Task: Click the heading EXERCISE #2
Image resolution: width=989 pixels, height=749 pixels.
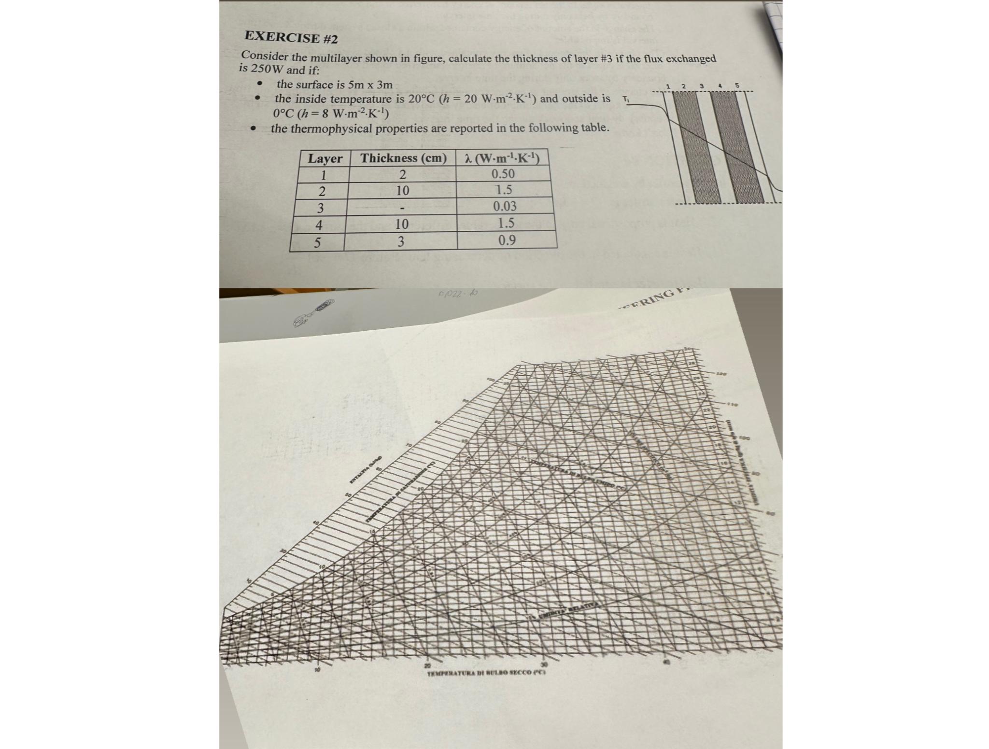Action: pyautogui.click(x=291, y=38)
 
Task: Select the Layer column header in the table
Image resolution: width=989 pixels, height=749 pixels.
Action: pyautogui.click(x=325, y=158)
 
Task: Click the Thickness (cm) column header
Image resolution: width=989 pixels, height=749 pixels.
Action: pyautogui.click(x=403, y=158)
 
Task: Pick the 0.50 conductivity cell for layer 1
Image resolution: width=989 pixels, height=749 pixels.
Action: pyautogui.click(x=503, y=174)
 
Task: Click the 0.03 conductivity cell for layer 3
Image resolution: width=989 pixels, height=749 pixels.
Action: pyautogui.click(x=505, y=206)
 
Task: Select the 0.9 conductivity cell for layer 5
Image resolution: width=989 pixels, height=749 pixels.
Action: pyautogui.click(x=507, y=240)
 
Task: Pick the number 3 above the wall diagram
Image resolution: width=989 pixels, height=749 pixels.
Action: pyautogui.click(x=701, y=86)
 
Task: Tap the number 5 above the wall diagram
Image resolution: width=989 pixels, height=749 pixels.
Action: pyautogui.click(x=737, y=86)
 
